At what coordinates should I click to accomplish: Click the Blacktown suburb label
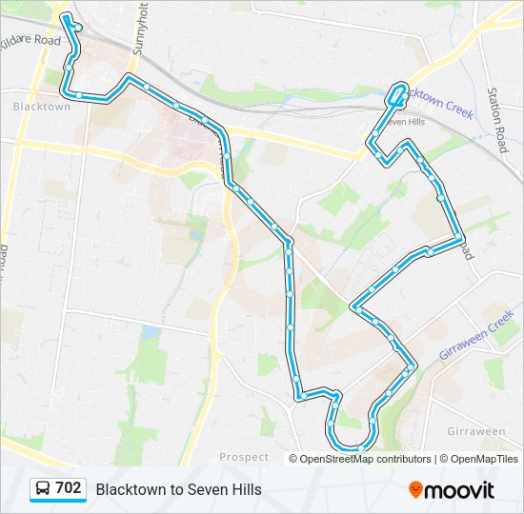[x=42, y=107]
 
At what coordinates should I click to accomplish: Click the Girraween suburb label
[x=475, y=431]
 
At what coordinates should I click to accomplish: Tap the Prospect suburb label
[x=244, y=457]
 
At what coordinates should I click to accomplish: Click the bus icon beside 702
[x=43, y=489]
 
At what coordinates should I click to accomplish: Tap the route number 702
[x=69, y=488]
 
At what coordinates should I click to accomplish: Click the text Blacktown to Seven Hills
[x=178, y=489]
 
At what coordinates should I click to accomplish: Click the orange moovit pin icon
[x=415, y=489]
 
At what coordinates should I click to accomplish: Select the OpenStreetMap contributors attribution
[x=365, y=459]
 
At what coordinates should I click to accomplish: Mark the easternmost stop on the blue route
[x=460, y=237]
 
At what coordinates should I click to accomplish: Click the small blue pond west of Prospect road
[x=150, y=332]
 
